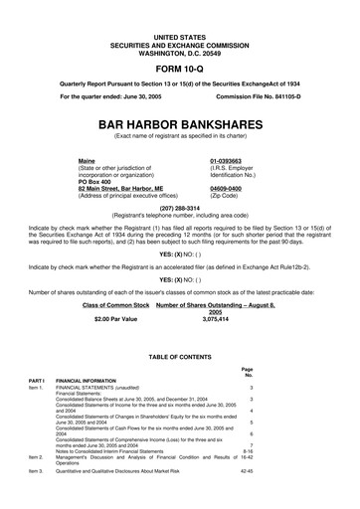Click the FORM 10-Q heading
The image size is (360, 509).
click(x=180, y=56)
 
